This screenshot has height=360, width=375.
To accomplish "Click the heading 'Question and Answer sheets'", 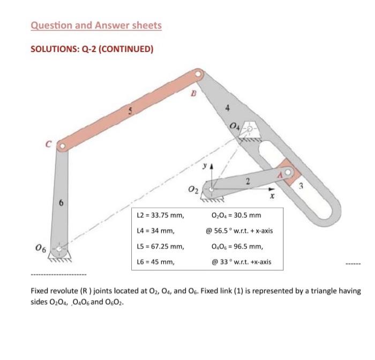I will coord(96,25).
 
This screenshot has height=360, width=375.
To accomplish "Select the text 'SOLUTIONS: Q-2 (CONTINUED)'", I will coord(92,49).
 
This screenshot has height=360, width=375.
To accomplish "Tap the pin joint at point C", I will coord(62,145).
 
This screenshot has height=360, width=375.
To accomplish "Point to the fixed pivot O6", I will coord(62,249).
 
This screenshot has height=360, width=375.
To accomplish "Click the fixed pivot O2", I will coord(213,189).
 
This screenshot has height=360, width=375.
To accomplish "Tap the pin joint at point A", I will coord(289,172).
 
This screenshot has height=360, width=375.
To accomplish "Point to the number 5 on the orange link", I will coord(130,112).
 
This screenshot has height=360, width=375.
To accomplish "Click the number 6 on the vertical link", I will coord(61,203).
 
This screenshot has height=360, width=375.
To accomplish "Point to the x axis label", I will coord(272,196).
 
